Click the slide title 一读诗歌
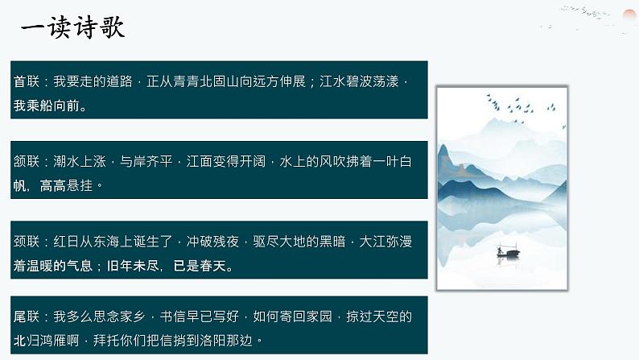pos(72,27)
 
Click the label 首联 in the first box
pos(27,81)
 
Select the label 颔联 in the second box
pos(27,161)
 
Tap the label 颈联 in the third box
pos(27,242)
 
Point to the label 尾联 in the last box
pos(27,317)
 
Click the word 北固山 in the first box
pos(220,81)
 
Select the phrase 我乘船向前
pos(47,106)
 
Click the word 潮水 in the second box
pos(67,161)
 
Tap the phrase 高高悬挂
pos(67,185)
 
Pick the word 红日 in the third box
pos(67,242)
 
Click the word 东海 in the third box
pos(106,242)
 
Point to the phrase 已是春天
pos(200,266)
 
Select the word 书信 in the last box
pos(173,317)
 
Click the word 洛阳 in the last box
pos(213,341)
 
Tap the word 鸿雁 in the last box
pos(53,341)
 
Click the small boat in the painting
pos(508,252)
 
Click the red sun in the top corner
pos(630,16)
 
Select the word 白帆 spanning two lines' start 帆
pos(20,185)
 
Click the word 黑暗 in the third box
pos(332,242)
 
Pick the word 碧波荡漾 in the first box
pos(373,81)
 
